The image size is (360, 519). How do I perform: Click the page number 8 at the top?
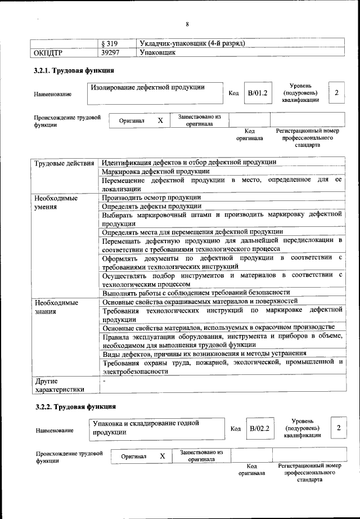click(187, 24)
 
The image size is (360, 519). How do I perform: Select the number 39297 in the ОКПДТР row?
click(111, 53)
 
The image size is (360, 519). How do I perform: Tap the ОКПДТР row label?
click(48, 53)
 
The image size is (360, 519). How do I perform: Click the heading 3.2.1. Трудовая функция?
click(75, 71)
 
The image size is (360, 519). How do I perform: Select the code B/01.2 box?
click(257, 93)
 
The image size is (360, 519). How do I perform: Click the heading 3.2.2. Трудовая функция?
click(75, 406)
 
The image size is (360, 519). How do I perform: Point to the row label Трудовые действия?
click(64, 163)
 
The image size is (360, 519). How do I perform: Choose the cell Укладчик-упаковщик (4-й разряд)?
click(191, 44)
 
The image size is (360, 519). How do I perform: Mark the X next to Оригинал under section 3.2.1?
click(160, 121)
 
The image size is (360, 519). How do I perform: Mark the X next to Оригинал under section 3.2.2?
click(162, 457)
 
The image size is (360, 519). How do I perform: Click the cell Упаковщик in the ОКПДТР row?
click(157, 53)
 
